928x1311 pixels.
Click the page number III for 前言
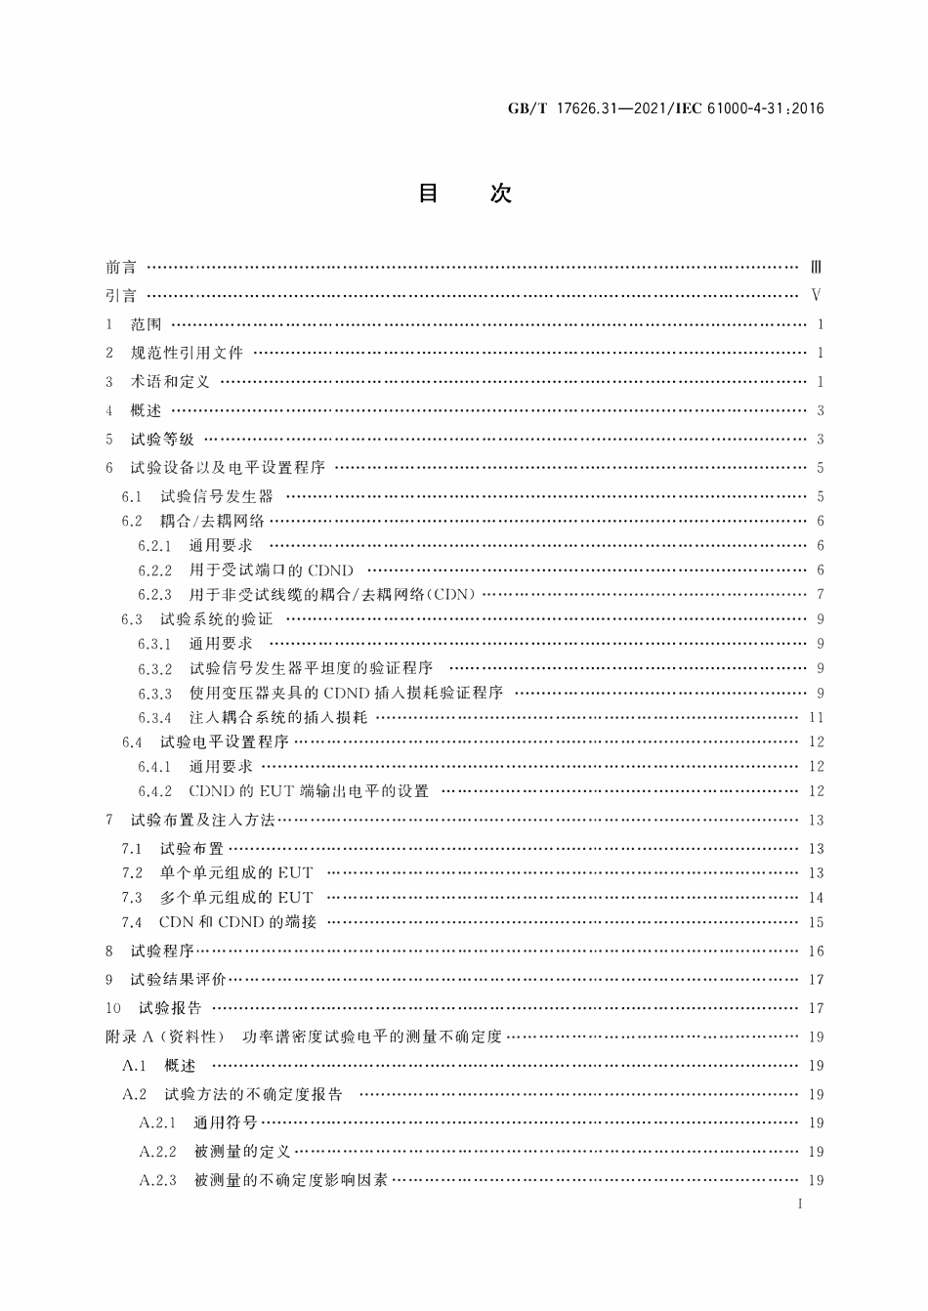[817, 267]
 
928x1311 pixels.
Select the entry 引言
[121, 296]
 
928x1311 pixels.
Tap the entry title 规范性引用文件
[187, 353]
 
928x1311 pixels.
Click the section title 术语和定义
[170, 382]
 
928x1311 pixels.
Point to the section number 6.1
[132, 496]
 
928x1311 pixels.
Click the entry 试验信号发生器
[217, 496]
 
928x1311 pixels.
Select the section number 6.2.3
[154, 594]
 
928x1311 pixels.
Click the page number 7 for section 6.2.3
[821, 594]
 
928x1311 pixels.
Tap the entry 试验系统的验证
[217, 618]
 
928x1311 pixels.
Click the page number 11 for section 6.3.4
[818, 717]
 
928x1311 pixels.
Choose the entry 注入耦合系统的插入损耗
[278, 717]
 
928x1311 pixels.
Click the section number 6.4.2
[154, 791]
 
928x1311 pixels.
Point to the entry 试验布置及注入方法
[202, 820]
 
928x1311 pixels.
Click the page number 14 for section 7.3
[817, 898]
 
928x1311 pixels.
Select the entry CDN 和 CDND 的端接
[237, 922]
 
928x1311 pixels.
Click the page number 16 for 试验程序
[817, 951]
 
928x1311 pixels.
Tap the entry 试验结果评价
[178, 979]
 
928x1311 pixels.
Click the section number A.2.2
[157, 1152]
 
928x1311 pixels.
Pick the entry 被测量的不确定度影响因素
[291, 1180]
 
